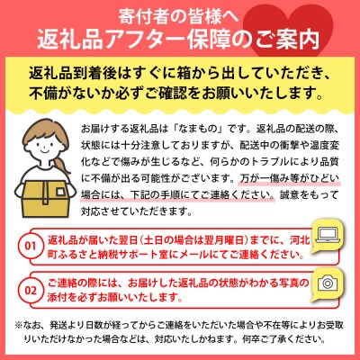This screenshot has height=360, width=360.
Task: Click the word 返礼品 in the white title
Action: click(x=83, y=40)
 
